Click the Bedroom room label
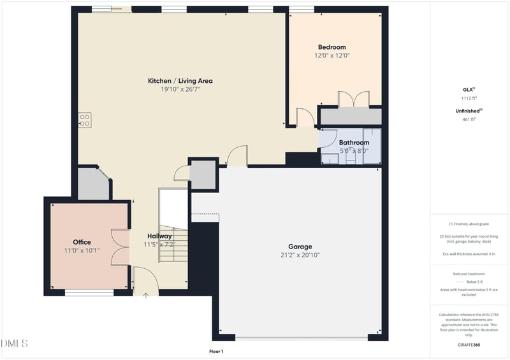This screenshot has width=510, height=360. [x=331, y=47]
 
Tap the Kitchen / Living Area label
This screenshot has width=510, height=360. [x=180, y=81]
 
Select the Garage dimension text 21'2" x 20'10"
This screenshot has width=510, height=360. [x=300, y=255]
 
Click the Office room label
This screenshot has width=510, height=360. [x=82, y=242]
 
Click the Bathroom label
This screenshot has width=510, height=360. [x=354, y=143]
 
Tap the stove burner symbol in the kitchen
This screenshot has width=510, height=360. [x=84, y=120]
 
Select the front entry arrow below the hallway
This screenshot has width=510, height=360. [x=146, y=294]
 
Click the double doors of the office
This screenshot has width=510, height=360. [x=120, y=247]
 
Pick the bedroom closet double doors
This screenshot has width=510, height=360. [x=353, y=99]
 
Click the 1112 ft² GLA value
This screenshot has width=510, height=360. [x=469, y=99]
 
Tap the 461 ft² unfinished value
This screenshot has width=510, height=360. [x=469, y=119]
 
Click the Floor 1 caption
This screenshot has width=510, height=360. [x=216, y=351]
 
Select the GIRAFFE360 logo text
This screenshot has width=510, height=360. [x=469, y=345]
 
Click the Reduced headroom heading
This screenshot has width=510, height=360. [x=469, y=273]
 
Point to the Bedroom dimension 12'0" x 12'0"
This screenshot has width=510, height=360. [x=331, y=55]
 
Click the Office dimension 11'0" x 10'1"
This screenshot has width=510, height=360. [x=82, y=250]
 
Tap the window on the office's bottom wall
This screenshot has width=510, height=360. [x=89, y=292]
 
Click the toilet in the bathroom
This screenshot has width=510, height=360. [x=350, y=159]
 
